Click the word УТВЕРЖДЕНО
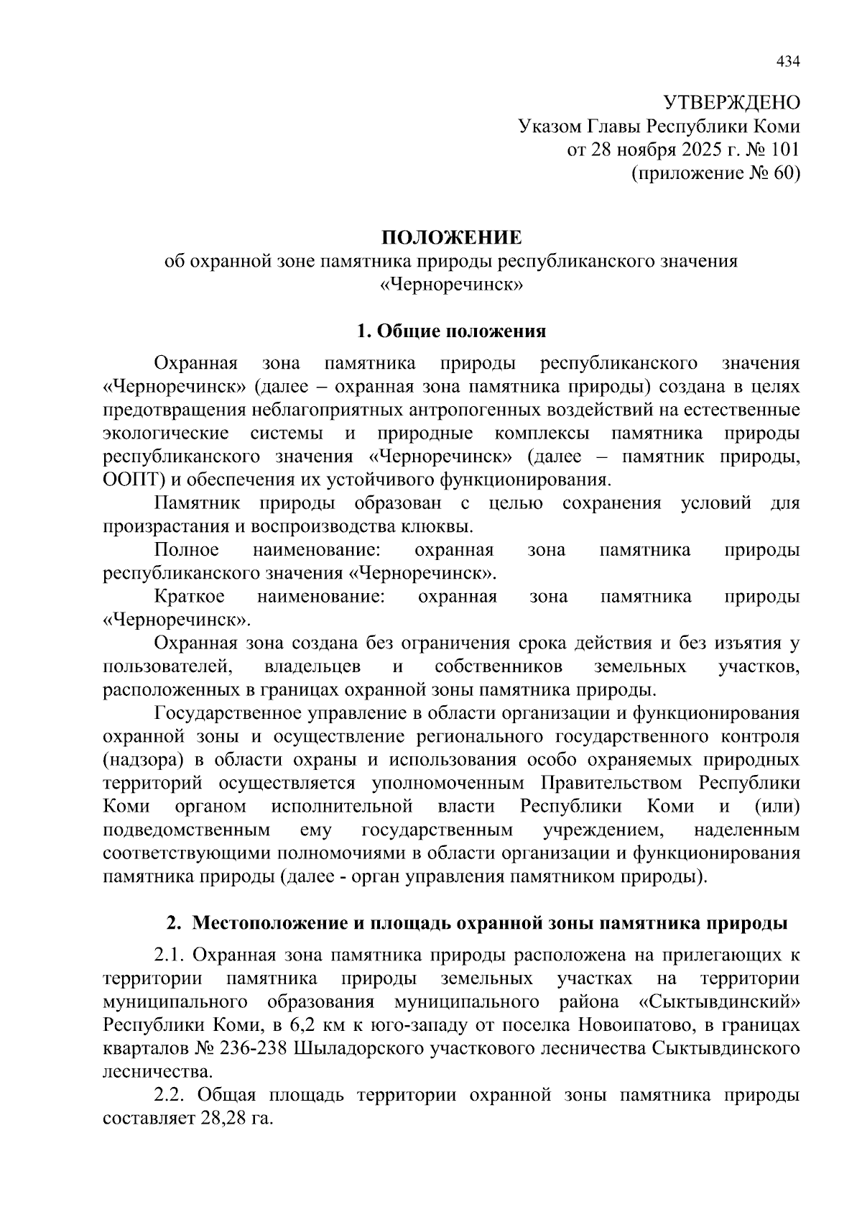click(x=731, y=102)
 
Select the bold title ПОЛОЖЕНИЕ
click(x=451, y=238)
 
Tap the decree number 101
click(x=783, y=150)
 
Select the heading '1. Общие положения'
click(x=451, y=331)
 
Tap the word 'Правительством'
click(x=613, y=783)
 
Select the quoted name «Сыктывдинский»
click(x=719, y=1001)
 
